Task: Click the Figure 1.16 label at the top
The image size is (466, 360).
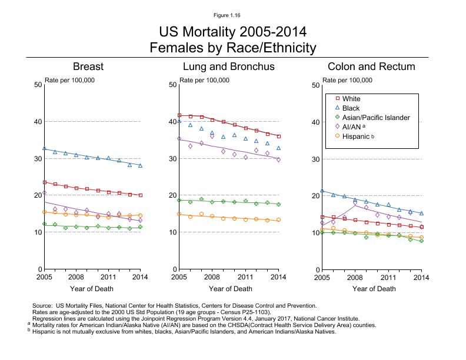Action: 232,14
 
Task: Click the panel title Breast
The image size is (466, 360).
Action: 88,66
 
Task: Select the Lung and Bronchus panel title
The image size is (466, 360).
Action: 229,66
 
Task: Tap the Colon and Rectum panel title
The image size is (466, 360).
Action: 371,67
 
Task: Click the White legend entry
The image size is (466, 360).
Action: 351,99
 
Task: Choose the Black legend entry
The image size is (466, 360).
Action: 351,109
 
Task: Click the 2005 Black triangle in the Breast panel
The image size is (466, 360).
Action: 44,148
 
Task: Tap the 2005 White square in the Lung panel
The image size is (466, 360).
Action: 179,115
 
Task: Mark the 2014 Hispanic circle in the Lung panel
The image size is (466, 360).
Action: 278,220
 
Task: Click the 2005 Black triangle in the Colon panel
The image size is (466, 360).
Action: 322,191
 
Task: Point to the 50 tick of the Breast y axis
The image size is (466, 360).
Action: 38,85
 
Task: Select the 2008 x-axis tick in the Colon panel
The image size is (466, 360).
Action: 355,276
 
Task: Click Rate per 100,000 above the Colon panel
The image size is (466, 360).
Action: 347,81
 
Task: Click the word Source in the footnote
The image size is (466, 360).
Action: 44,305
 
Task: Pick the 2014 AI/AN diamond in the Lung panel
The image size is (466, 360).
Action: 278,159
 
